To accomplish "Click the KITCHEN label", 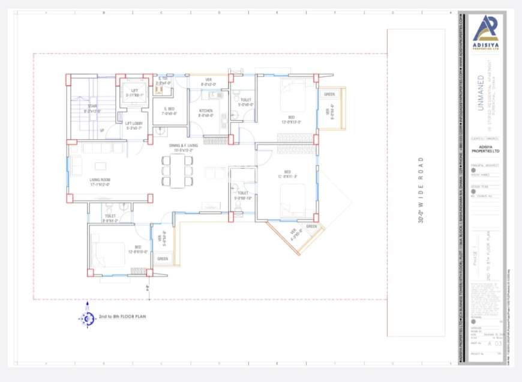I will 206,111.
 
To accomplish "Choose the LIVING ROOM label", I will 100,180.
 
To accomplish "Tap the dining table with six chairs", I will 177,171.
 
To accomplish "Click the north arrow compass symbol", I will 88,317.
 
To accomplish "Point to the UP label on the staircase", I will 102,130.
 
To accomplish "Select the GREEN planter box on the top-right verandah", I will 329,94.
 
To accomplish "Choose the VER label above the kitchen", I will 208,79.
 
